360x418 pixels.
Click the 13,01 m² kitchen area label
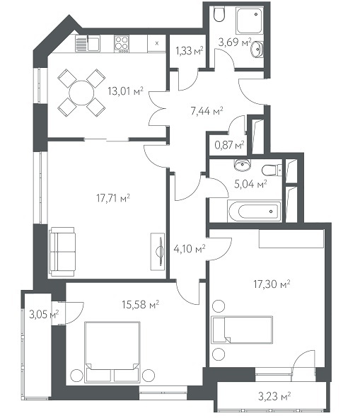[x=125, y=91]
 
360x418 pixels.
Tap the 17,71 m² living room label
[x=113, y=198]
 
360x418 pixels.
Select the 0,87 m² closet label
[x=229, y=145]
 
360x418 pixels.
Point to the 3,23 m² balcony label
[x=274, y=396]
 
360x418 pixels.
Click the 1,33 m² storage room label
[x=190, y=50]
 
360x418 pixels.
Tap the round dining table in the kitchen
[x=81, y=93]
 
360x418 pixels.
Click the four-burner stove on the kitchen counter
[x=122, y=44]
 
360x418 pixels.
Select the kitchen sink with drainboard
[x=88, y=44]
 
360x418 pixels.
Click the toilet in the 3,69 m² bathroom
[x=220, y=14]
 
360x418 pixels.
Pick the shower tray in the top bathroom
[x=250, y=21]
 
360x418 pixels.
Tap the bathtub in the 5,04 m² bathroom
[x=254, y=211]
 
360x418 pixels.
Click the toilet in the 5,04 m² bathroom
[x=272, y=170]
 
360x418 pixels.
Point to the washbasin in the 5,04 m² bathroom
[x=243, y=165]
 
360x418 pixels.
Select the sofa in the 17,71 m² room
[x=62, y=252]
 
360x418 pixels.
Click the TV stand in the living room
[x=158, y=252]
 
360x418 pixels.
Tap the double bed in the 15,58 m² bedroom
[x=112, y=352]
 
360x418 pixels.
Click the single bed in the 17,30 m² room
[x=242, y=330]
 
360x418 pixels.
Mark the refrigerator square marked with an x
[x=157, y=43]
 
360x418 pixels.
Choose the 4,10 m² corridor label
[x=190, y=249]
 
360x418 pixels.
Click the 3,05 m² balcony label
[x=44, y=315]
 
